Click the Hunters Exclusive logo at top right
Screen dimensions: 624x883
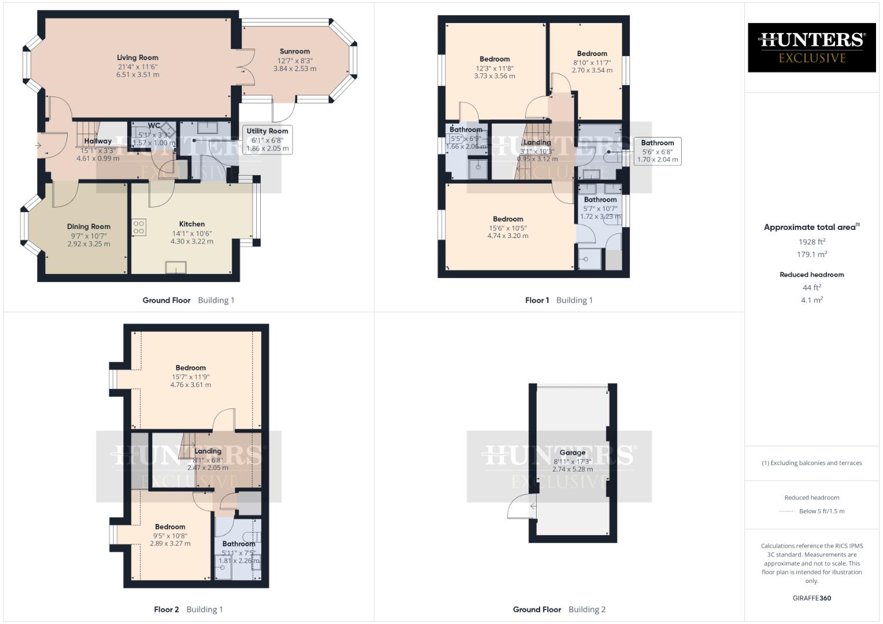pyautogui.click(x=811, y=47)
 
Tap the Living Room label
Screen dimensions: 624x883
pyautogui.click(x=138, y=58)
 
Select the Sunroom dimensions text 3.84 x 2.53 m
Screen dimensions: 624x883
pyautogui.click(x=295, y=69)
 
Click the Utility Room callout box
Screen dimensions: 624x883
pyautogui.click(x=267, y=140)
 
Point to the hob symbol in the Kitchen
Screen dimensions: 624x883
pyautogui.click(x=139, y=227)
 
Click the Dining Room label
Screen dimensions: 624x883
pyautogui.click(x=88, y=226)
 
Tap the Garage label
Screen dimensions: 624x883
pyautogui.click(x=572, y=452)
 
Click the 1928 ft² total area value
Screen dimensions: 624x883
pyautogui.click(x=812, y=242)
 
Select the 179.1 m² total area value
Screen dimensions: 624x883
pyautogui.click(x=812, y=254)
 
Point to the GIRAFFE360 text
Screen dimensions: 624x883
pyautogui.click(x=812, y=598)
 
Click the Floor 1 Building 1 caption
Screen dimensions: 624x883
pyautogui.click(x=559, y=300)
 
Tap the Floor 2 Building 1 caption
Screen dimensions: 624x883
pyautogui.click(x=189, y=609)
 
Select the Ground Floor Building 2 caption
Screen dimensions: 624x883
pyautogui.click(x=559, y=609)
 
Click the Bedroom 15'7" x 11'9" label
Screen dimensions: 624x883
pyautogui.click(x=191, y=368)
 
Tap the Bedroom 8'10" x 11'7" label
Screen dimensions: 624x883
pyautogui.click(x=592, y=54)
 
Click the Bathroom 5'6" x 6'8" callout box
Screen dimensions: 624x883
pyautogui.click(x=657, y=151)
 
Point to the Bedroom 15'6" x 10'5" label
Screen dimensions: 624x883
pyautogui.click(x=508, y=220)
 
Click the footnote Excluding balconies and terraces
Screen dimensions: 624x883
pyautogui.click(x=812, y=463)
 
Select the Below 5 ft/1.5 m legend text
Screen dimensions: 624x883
pyautogui.click(x=822, y=511)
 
